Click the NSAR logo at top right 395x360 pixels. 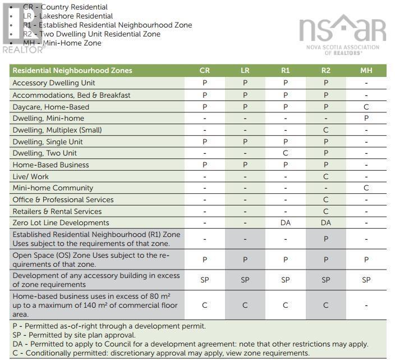coord(342,34)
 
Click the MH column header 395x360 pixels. coord(366,71)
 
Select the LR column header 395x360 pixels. coord(245,71)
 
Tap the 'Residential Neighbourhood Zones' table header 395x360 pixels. coord(72,71)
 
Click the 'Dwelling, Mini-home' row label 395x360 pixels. coord(48,119)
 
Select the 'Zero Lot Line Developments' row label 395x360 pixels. coord(61,223)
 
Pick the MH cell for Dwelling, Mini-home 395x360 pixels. coord(366,119)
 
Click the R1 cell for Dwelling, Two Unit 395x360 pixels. coord(285,153)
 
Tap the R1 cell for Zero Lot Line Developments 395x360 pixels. coord(285,223)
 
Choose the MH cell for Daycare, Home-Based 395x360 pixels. coord(366,107)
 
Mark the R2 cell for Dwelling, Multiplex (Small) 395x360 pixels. coord(325,130)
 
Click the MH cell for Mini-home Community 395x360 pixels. coord(366,188)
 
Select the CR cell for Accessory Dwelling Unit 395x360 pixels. coord(205,83)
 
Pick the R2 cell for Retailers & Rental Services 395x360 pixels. coord(325,211)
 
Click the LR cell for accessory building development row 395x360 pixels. coord(245,280)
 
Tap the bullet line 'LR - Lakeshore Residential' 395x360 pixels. coord(68,16)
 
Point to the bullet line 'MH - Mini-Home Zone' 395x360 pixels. coord(62,43)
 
